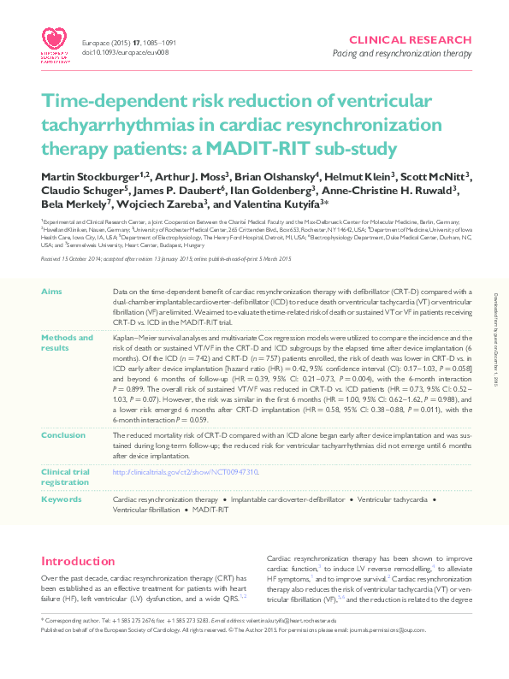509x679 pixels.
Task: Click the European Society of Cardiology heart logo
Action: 56,39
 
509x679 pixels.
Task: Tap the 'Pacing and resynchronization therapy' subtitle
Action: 402,54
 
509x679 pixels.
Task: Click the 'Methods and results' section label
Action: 68,343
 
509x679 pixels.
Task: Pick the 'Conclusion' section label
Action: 62,434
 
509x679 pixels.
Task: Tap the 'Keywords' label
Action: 62,498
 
